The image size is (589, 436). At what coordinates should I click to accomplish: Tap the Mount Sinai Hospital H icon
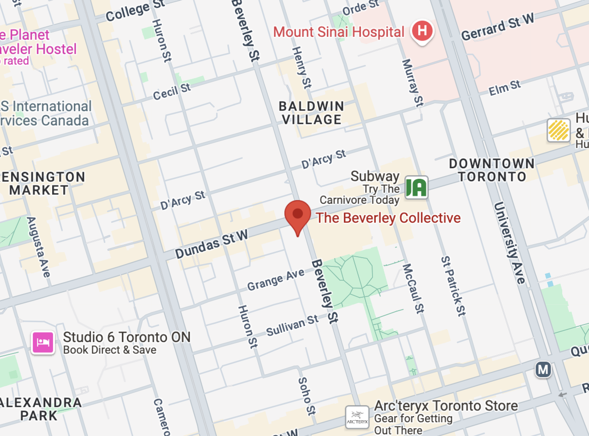422,31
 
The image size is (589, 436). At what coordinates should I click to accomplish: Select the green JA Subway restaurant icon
416,188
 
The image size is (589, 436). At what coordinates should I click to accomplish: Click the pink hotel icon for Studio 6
43,343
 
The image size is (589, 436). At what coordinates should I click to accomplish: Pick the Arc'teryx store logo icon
357,417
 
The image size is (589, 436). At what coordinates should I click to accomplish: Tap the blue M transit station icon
543,369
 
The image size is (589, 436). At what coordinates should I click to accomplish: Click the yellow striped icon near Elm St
559,130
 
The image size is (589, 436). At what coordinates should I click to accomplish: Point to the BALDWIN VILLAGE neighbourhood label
312,113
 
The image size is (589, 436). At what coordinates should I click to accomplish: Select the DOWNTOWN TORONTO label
492,170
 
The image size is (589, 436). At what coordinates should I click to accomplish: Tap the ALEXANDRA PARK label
41,408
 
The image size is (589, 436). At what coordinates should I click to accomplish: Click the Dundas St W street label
211,244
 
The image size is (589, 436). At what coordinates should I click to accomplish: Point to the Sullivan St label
292,325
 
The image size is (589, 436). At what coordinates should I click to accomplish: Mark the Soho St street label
306,396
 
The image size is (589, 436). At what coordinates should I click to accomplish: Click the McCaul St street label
413,288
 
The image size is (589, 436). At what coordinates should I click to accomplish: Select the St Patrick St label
452,286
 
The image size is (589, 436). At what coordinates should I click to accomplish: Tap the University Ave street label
509,242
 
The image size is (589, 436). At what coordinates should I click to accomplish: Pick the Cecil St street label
172,91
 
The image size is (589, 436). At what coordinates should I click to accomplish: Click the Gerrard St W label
497,27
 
